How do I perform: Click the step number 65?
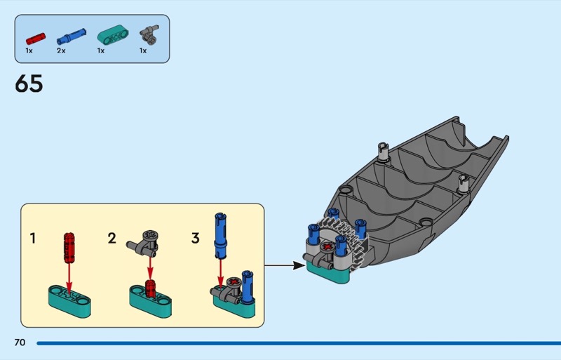pyautogui.click(x=29, y=84)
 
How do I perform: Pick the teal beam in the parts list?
pyautogui.click(x=110, y=34)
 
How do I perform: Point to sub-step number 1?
pyautogui.click(x=32, y=239)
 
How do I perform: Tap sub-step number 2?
pyautogui.click(x=112, y=239)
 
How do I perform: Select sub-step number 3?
pyautogui.click(x=196, y=239)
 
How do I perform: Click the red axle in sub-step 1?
pyautogui.click(x=69, y=246)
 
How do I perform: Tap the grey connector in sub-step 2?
pyautogui.click(x=144, y=242)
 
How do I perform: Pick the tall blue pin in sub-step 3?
pyautogui.click(x=219, y=235)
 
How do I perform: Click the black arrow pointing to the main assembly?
pyautogui.click(x=285, y=266)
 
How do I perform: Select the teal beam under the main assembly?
pyautogui.click(x=329, y=274)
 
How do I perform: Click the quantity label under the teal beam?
pyautogui.click(x=102, y=51)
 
